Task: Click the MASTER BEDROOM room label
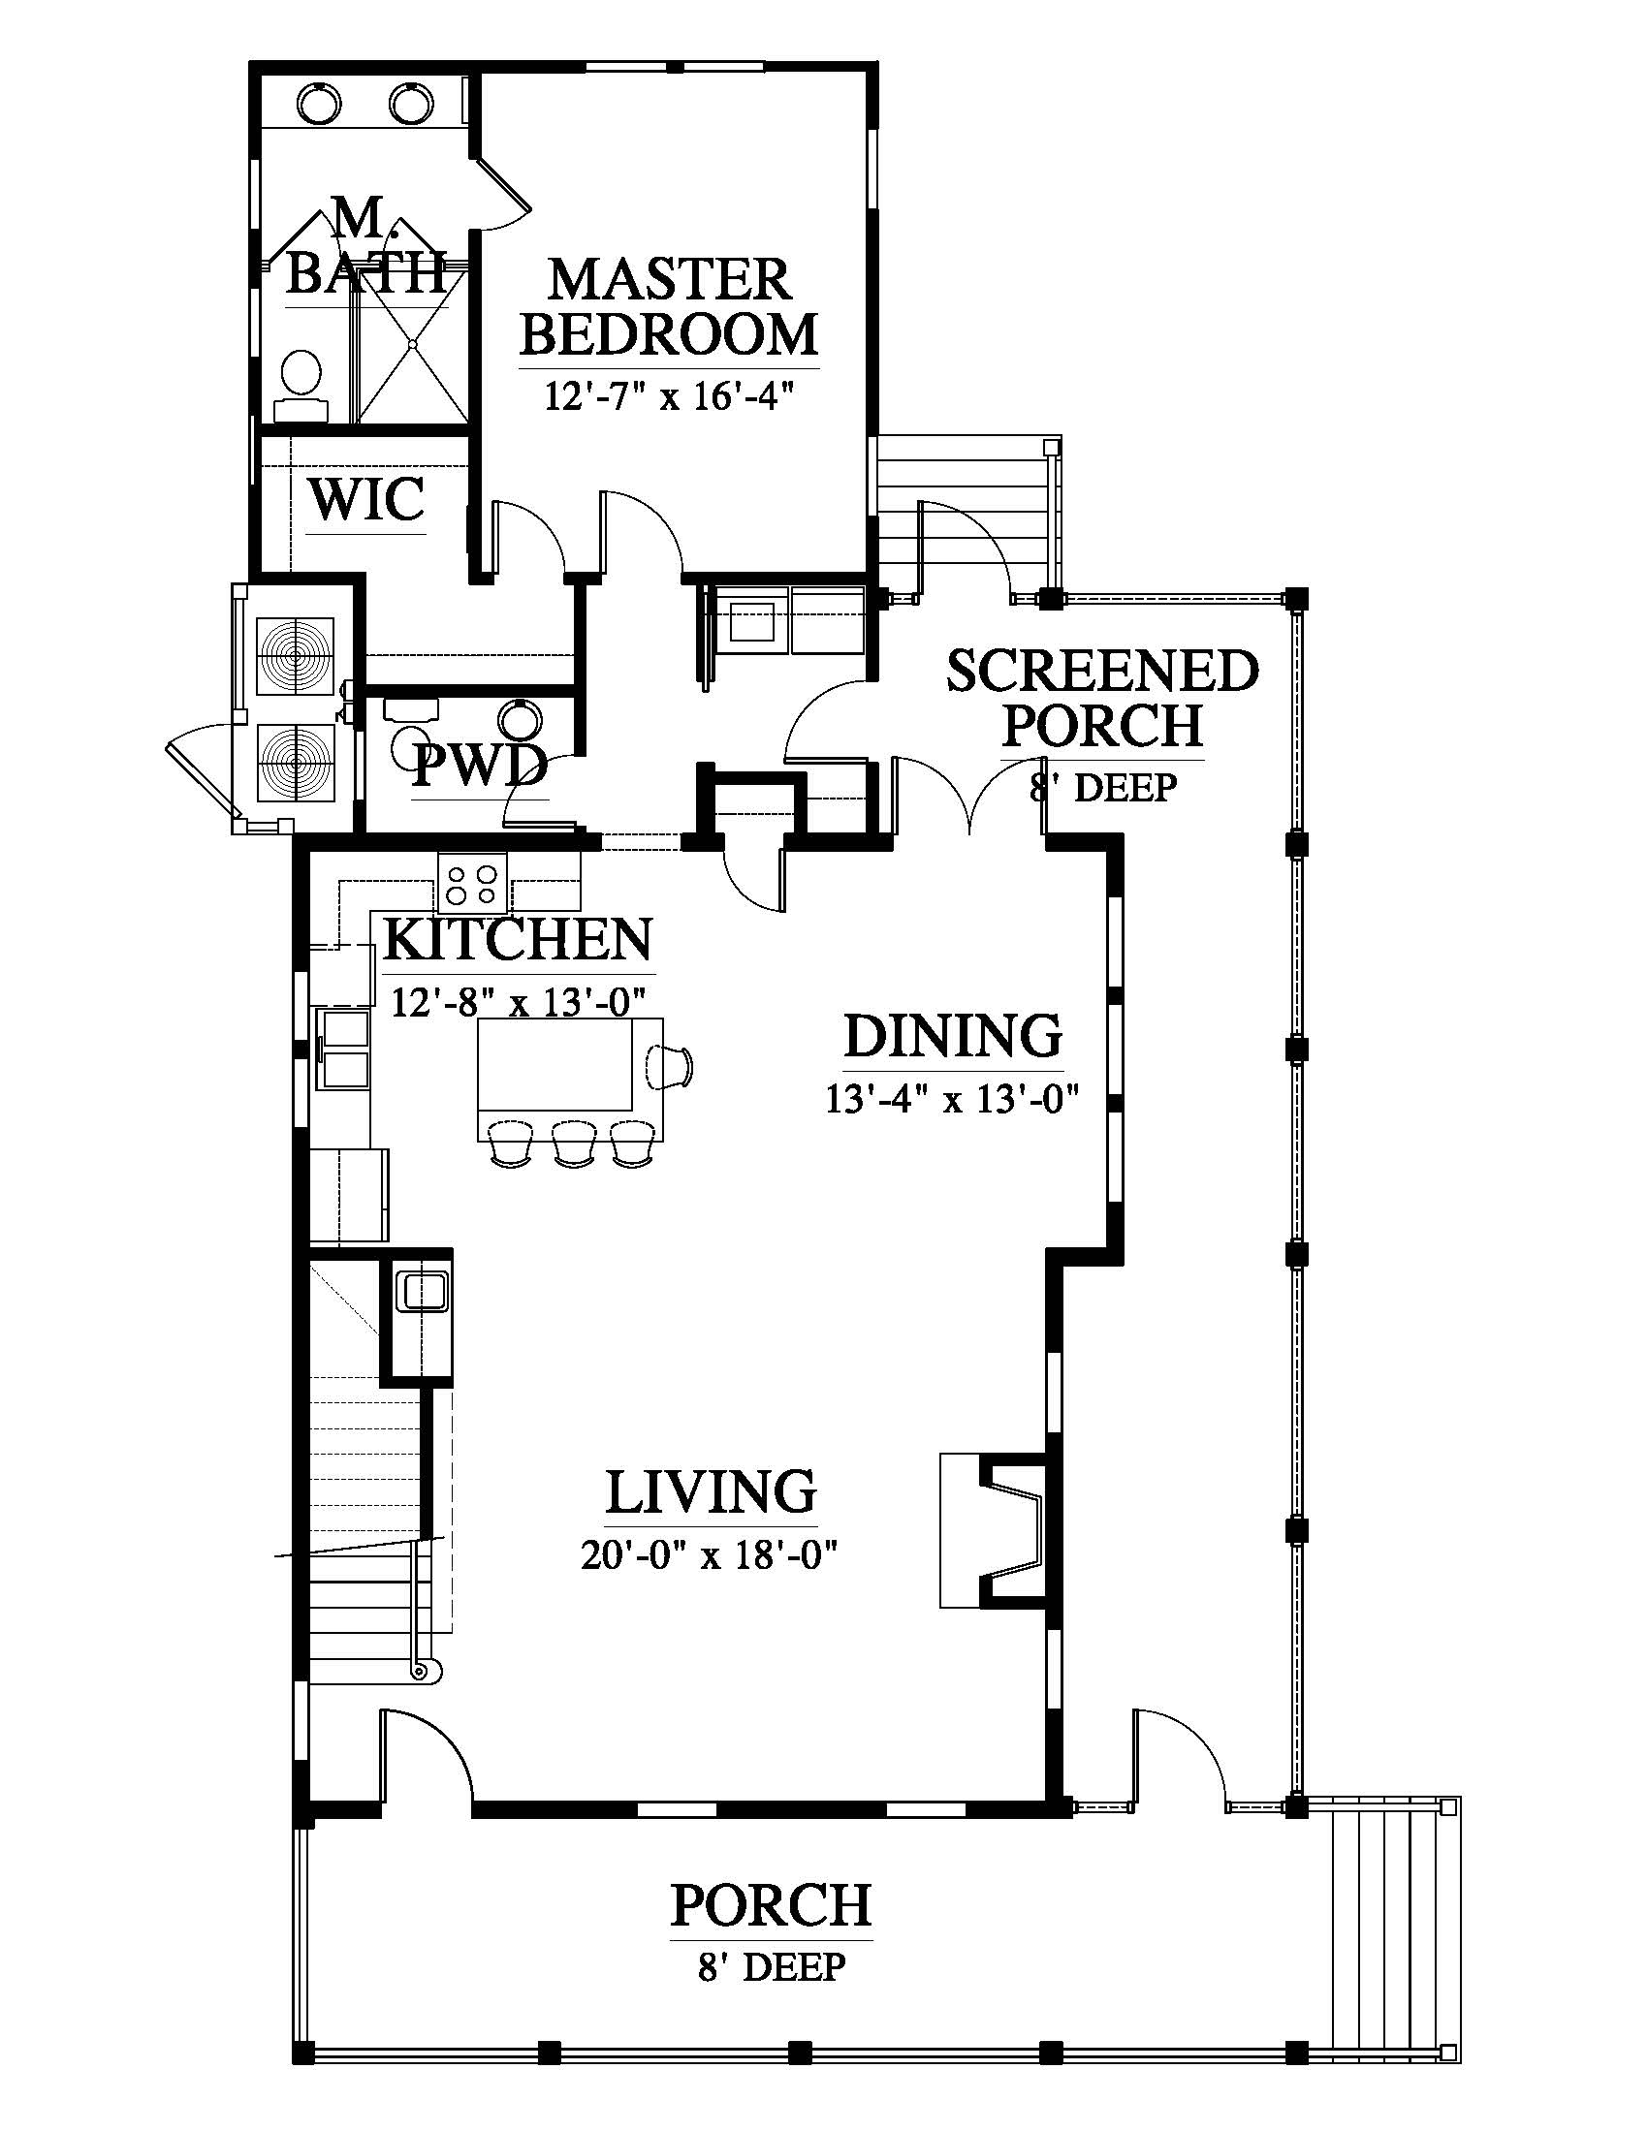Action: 669,306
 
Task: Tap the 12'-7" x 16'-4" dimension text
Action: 666,397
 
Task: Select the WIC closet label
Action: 367,499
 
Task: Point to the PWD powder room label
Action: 479,767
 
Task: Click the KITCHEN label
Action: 519,939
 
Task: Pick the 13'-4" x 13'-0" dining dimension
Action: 952,1099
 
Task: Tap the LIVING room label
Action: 711,1491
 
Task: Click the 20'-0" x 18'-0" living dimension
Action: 711,1555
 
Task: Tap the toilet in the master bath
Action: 301,384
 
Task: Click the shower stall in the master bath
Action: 413,343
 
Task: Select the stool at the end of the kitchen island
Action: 670,1065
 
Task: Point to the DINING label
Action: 953,1036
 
